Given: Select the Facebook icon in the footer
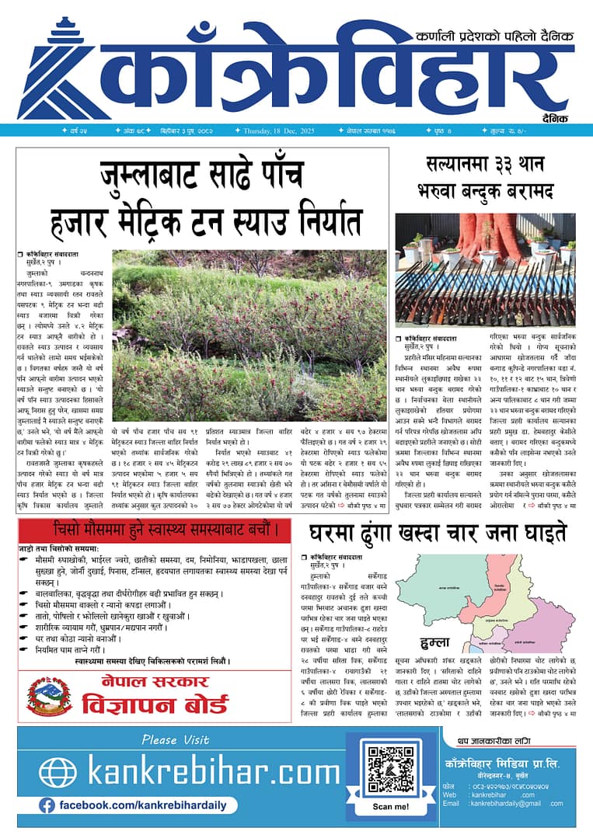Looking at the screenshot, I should point(47,805).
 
